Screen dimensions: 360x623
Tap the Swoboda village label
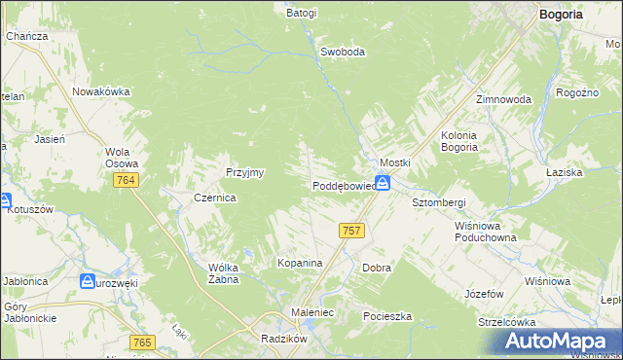point(343,53)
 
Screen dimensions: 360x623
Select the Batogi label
point(302,14)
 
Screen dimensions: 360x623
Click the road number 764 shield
point(125,181)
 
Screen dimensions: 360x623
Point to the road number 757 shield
point(352,231)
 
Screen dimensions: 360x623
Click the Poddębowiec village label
point(344,186)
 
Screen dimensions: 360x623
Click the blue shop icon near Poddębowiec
point(384,183)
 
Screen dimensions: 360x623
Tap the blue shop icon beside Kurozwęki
point(88,281)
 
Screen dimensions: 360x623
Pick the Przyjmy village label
point(245,171)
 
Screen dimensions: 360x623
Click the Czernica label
point(215,197)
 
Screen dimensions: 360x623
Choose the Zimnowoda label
point(503,100)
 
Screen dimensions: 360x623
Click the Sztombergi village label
point(439,201)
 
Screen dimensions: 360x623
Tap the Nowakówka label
point(101,91)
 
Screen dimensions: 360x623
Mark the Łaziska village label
point(590,171)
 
